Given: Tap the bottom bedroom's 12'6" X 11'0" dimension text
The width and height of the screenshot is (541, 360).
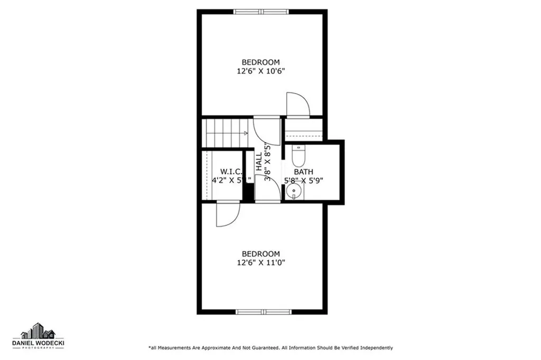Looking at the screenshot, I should pyautogui.click(x=261, y=262).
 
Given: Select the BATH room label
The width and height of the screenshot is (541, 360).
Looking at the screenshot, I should pyautogui.click(x=304, y=172).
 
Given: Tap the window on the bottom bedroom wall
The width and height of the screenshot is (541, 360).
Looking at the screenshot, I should pyautogui.click(x=263, y=311).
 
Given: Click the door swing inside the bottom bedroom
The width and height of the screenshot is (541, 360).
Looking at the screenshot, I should pyautogui.click(x=227, y=215).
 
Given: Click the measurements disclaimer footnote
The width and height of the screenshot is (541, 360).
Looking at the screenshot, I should pyautogui.click(x=270, y=347).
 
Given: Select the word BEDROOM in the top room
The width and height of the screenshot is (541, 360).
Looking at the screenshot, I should pyautogui.click(x=261, y=62).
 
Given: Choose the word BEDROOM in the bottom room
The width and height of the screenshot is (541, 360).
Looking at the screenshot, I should pyautogui.click(x=261, y=254).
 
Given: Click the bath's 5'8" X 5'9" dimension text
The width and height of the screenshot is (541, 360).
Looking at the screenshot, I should pyautogui.click(x=304, y=180).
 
